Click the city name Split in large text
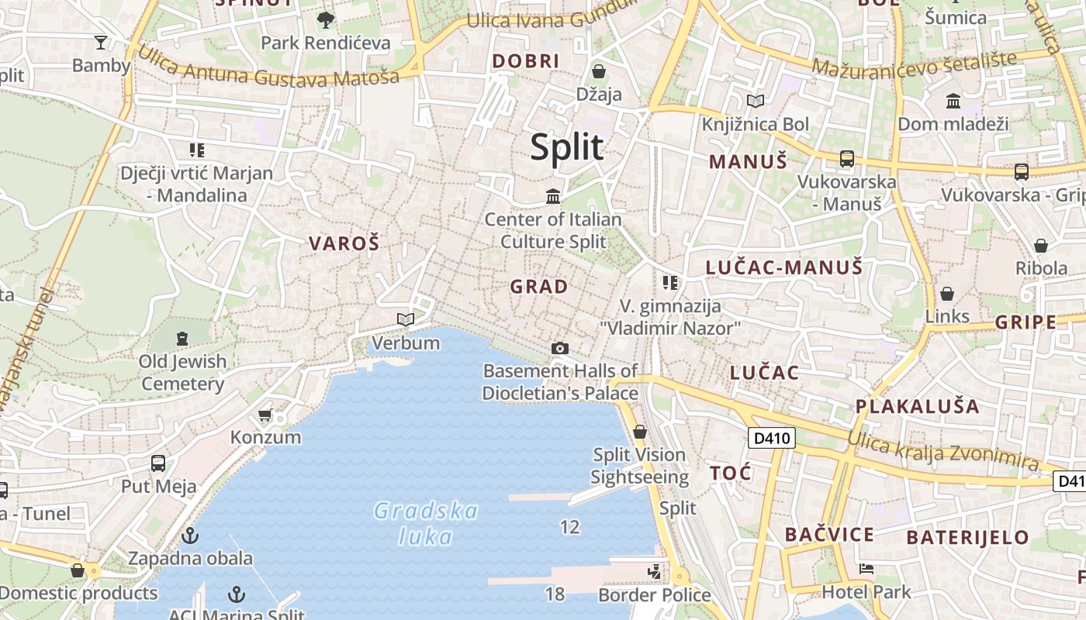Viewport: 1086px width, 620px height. point(567,146)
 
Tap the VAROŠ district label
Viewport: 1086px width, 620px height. point(344,243)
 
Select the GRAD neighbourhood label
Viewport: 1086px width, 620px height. point(539,287)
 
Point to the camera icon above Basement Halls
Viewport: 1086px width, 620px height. point(560,349)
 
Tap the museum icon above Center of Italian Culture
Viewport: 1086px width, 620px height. point(553,197)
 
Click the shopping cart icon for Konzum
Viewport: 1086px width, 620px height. point(265,415)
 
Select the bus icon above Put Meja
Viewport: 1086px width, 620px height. point(158,463)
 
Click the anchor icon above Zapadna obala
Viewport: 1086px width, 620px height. point(190,536)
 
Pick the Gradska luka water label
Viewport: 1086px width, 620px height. point(426,523)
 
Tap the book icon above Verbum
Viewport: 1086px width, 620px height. point(405,319)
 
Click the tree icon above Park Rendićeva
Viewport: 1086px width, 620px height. point(326,20)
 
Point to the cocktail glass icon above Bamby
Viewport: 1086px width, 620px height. point(101,42)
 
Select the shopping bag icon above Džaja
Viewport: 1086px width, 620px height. point(599,72)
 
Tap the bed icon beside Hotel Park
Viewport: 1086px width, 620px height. point(867,569)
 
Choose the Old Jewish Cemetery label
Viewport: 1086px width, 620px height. point(183,372)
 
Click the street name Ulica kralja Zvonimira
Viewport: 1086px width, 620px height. point(942,450)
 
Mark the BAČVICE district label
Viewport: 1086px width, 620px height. point(829,535)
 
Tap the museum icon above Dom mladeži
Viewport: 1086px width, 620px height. point(953,102)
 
